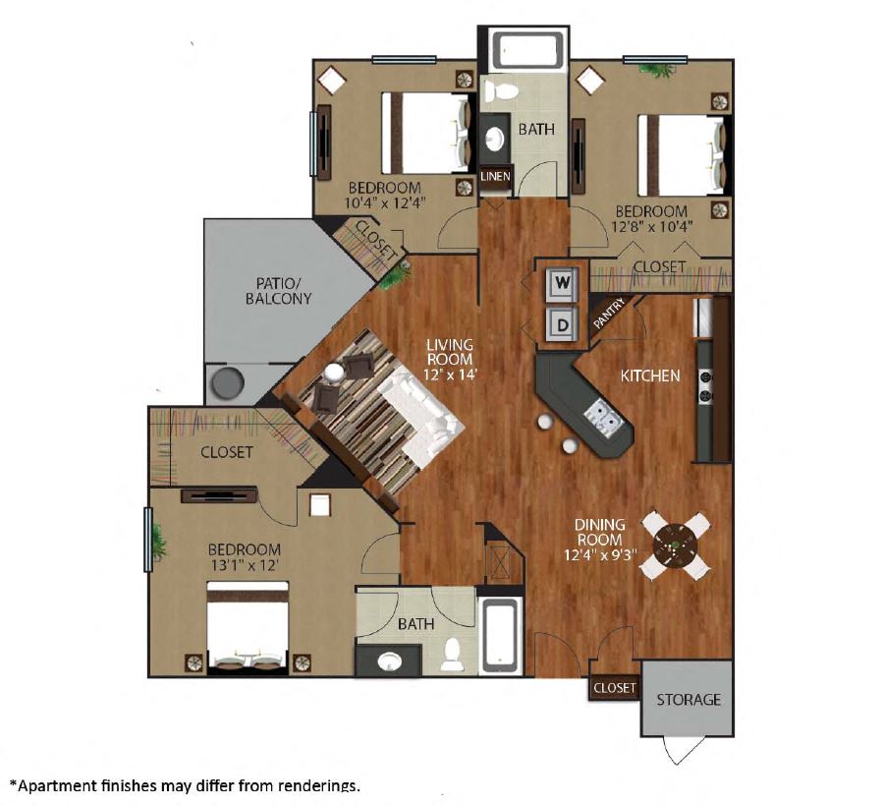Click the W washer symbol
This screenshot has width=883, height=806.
point(562,283)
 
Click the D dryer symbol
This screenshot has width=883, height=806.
point(562,324)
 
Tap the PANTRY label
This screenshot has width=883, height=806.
point(609,314)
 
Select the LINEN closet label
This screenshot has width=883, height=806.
point(496,176)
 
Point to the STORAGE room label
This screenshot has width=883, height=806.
point(689,700)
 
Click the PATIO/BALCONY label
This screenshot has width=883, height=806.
point(278,290)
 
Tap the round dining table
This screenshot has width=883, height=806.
point(675,547)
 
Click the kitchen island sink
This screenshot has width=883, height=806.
point(601,417)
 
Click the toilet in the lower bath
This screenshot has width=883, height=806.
point(452,655)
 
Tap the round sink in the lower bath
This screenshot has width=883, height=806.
point(389,662)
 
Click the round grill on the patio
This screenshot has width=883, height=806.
point(228,382)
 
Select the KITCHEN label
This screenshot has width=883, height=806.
point(650,375)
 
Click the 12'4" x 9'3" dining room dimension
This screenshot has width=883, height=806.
point(600,555)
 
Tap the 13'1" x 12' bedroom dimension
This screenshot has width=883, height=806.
point(245,565)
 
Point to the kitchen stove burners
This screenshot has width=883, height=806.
point(705,386)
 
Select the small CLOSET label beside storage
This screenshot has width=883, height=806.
point(615,688)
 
